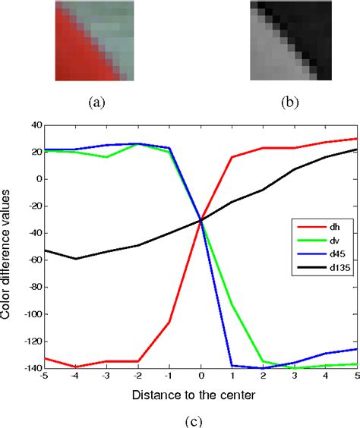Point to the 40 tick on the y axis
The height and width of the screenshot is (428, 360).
click(x=33, y=125)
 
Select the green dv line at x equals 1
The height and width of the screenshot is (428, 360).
click(x=232, y=304)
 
